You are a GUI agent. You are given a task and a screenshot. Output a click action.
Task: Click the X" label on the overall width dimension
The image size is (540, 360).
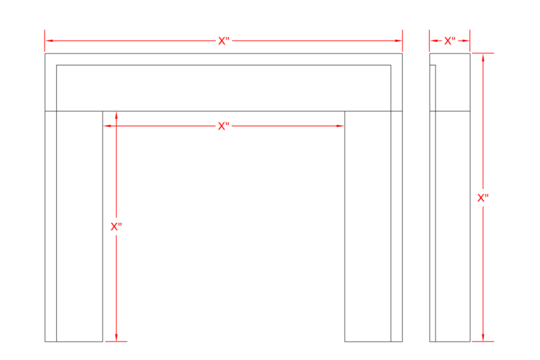pos(223,41)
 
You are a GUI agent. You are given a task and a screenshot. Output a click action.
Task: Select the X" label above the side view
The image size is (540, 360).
pos(450,41)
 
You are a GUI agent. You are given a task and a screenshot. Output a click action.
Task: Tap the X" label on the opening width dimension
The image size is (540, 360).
pos(223,126)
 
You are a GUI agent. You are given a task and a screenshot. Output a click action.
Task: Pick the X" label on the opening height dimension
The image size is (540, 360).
pos(116,226)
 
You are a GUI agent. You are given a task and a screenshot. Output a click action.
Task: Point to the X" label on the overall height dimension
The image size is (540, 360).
pos(483,198)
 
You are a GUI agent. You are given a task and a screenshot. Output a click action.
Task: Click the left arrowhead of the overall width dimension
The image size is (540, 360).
pos(49,41)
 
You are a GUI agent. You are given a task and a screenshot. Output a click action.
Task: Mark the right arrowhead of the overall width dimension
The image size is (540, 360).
pos(398,41)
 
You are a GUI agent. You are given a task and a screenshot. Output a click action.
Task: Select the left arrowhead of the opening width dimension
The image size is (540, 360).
pos(107,126)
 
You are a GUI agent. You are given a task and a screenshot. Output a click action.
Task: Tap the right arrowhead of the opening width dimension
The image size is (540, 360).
pos(340,126)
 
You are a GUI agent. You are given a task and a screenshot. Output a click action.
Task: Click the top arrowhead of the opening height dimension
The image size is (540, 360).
pos(116,115)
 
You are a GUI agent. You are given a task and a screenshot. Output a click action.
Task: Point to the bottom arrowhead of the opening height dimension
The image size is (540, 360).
pos(116,337)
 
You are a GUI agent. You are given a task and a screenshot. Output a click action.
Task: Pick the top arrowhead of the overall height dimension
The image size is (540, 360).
pos(483,57)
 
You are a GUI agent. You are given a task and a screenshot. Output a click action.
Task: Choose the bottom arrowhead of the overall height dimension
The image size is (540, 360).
pos(483,337)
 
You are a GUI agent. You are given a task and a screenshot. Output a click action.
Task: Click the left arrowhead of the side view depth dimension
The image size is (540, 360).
pos(433,41)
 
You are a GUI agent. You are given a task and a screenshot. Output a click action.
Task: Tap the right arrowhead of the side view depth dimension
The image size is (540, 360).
pos(466,41)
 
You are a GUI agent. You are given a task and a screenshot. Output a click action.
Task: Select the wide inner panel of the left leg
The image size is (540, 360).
pos(80,226)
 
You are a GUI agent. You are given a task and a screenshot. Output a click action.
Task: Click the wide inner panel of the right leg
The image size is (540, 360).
pos(368,226)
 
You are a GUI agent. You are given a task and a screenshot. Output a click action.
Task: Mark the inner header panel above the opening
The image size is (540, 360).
pos(223,88)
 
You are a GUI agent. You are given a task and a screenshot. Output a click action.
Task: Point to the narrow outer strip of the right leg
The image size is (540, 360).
pos(397,226)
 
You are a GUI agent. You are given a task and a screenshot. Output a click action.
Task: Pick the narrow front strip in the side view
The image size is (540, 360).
pos(433,203)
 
